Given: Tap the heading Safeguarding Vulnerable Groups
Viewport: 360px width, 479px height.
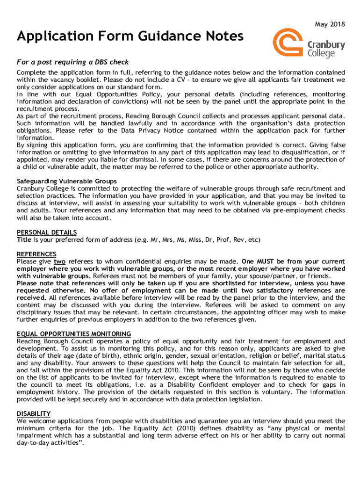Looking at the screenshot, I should pyautogui.click(x=67, y=181).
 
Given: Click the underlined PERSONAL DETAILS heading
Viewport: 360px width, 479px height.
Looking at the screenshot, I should pyautogui.click(x=47, y=232).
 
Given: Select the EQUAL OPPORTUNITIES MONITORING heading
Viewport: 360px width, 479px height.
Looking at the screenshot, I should pyautogui.click(x=74, y=334).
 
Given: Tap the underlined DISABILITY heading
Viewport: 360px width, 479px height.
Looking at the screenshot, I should pyautogui.click(x=34, y=414).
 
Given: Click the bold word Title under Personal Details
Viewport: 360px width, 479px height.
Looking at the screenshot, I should pyautogui.click(x=24, y=240).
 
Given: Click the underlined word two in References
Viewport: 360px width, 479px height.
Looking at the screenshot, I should pyautogui.click(x=59, y=261).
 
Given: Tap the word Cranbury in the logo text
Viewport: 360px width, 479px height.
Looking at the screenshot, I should pyautogui.click(x=326, y=45).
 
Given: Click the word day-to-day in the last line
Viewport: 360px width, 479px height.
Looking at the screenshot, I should pyautogui.click(x=34, y=443).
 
